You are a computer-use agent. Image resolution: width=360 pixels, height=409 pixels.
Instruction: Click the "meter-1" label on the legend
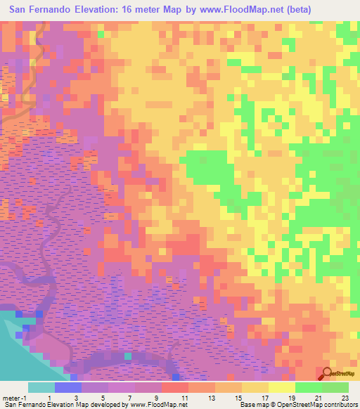(13, 398)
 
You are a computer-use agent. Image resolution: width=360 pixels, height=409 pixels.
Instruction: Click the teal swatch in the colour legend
(41, 387)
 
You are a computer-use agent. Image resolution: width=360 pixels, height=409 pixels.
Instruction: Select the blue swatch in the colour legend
(68, 387)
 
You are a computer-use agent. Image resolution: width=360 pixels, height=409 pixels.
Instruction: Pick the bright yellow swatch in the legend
(283, 387)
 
